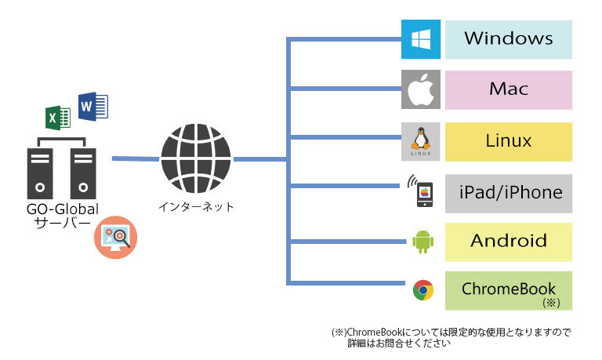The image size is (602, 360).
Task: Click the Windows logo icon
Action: click(x=421, y=38)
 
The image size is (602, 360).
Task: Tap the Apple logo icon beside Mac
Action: click(x=421, y=89)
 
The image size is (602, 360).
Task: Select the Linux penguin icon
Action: click(x=421, y=141)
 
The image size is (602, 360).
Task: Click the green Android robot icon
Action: click(x=423, y=241)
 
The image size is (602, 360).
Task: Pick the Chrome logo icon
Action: click(x=423, y=290)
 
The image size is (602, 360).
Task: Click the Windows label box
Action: click(x=509, y=38)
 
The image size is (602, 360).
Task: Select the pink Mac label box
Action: click(x=509, y=89)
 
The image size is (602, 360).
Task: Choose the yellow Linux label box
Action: click(x=509, y=141)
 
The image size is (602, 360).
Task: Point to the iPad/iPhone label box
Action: click(x=509, y=193)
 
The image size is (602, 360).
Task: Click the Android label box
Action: click(x=509, y=241)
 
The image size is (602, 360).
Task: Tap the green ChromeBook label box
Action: click(x=509, y=290)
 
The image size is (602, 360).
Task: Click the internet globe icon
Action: click(x=196, y=158)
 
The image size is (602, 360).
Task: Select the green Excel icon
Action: click(x=58, y=118)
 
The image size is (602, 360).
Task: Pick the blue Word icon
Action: click(x=92, y=106)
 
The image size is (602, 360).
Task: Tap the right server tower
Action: click(x=83, y=173)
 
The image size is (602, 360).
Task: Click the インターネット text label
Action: click(x=196, y=207)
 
